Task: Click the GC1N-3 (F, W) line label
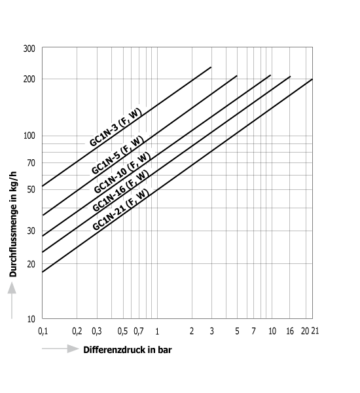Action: tap(115, 127)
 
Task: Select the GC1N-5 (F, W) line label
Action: tap(118, 155)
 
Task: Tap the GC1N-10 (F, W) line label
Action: tap(122, 173)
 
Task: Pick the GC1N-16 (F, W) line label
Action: tap(120, 191)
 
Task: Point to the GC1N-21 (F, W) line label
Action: tap(120, 210)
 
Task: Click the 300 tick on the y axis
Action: tap(29, 48)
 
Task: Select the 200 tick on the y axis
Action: tap(29, 79)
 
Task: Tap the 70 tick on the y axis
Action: tap(31, 163)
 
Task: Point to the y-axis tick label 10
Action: tap(31, 319)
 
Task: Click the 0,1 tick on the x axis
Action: tap(43, 331)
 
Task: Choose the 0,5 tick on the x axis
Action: tap(122, 331)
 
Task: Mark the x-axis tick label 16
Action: tap(290, 331)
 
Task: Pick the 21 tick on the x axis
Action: tap(315, 331)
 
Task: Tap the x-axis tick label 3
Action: tap(211, 331)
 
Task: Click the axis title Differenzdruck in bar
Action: tap(128, 350)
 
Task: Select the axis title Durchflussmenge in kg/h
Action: tap(13, 224)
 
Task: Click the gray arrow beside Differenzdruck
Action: tap(60, 348)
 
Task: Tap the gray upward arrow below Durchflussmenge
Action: tap(12, 300)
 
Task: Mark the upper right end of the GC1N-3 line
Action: tap(211, 67)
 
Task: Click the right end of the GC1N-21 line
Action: tap(312, 79)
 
